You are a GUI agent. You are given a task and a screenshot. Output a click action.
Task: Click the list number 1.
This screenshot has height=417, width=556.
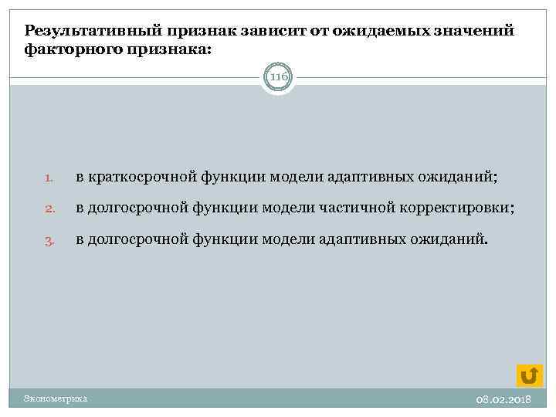tap(47, 178)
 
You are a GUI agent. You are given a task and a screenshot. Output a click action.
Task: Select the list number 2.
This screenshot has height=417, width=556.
tap(47, 209)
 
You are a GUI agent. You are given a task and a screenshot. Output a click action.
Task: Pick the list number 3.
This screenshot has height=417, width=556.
tap(47, 240)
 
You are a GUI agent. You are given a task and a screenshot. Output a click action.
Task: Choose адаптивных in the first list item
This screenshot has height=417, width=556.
tap(381, 178)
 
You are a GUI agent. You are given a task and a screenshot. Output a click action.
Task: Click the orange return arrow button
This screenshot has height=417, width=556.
tap(530, 375)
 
